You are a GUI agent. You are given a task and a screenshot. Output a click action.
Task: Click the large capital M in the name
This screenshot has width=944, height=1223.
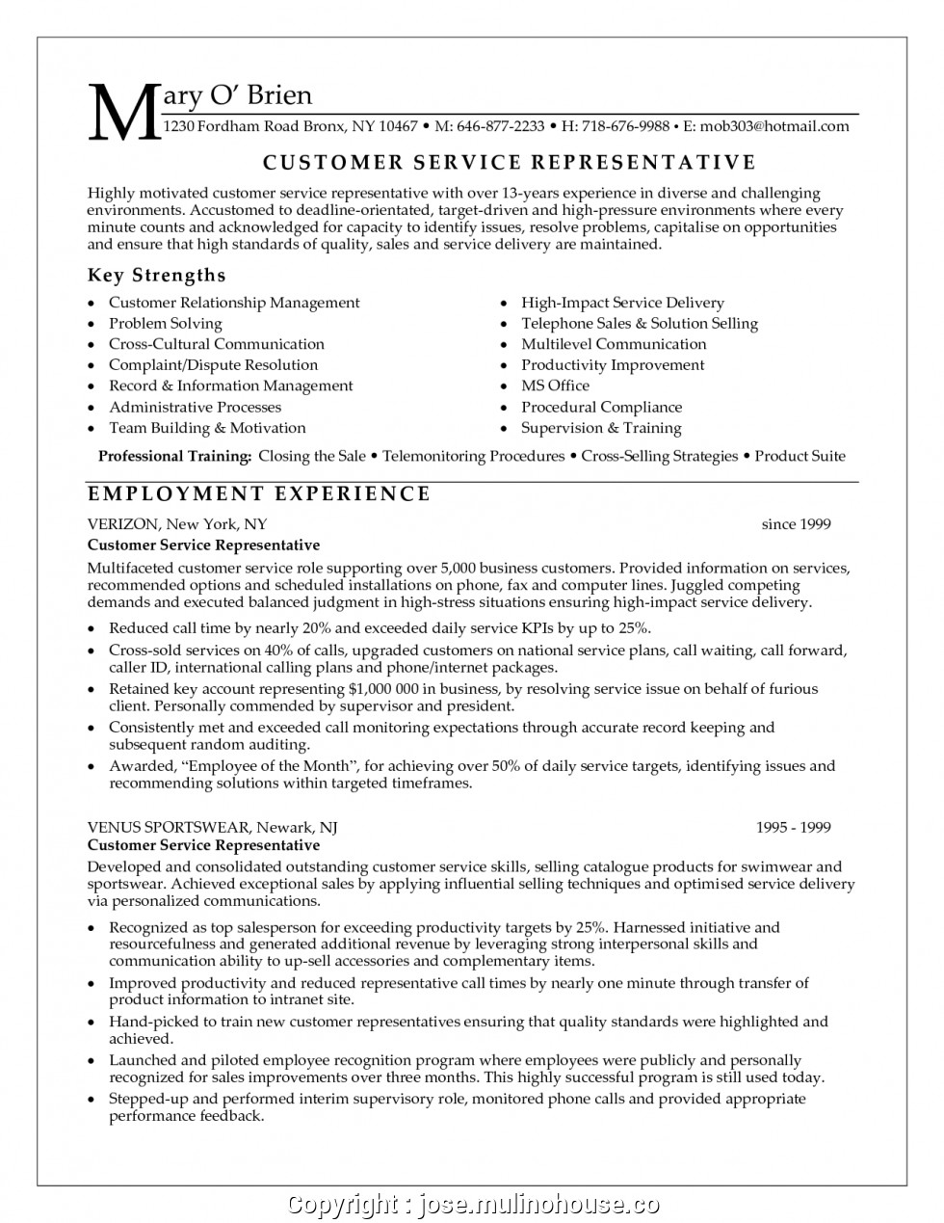[x=123, y=111]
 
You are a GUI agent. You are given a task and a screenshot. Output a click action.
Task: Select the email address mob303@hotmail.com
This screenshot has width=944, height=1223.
[x=774, y=126]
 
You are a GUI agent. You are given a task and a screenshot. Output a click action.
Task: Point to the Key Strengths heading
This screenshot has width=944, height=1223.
[x=156, y=276]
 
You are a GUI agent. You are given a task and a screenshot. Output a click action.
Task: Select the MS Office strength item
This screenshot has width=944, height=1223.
[x=555, y=386]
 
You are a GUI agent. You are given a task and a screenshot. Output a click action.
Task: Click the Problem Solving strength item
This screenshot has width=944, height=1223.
[x=165, y=323]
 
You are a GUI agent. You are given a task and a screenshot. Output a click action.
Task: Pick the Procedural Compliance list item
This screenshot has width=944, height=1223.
[x=601, y=407]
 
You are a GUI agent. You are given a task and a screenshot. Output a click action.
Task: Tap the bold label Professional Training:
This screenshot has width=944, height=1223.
[x=175, y=456]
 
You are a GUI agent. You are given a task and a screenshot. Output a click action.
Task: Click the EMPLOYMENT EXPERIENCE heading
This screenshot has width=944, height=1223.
[x=259, y=494]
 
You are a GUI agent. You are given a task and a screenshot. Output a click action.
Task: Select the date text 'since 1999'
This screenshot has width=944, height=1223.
[x=796, y=524]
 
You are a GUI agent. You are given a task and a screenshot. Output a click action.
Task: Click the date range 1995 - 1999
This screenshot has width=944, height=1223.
[x=793, y=827]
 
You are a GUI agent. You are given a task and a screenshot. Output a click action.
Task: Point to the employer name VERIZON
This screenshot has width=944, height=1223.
[x=122, y=524]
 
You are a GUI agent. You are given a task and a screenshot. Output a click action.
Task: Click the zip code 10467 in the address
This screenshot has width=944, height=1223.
[x=398, y=126]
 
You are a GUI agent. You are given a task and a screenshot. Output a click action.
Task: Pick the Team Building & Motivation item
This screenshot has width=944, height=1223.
[x=207, y=428]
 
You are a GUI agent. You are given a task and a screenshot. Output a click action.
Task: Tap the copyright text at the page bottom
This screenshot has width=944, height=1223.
[x=473, y=1204]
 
